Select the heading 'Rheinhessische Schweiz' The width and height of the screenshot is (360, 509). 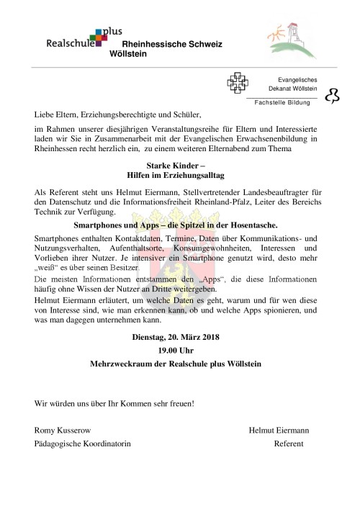pyautogui.click(x=173, y=45)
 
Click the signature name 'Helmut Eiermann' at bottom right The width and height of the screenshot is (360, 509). pyautogui.click(x=279, y=430)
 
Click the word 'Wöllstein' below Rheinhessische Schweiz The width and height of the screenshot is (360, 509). pyautogui.click(x=130, y=54)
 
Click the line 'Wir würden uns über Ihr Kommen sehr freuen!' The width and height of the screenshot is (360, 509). pyautogui.click(x=114, y=403)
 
